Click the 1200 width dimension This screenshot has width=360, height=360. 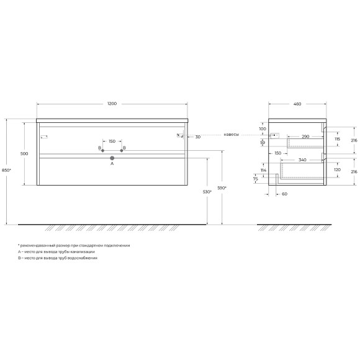[112, 104]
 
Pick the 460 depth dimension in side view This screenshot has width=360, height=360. [297, 104]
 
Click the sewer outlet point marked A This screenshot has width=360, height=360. [112, 158]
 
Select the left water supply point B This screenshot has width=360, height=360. [103, 150]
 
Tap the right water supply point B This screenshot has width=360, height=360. [121, 150]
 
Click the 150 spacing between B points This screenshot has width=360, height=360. [112, 141]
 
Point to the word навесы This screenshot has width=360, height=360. [232, 135]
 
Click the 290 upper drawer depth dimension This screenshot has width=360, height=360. [305, 135]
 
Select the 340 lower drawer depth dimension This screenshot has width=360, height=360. [302, 160]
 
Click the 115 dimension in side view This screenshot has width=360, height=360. [336, 139]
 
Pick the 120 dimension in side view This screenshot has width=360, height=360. [336, 169]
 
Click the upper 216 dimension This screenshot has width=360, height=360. [353, 141]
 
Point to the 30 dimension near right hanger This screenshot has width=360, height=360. [197, 137]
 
